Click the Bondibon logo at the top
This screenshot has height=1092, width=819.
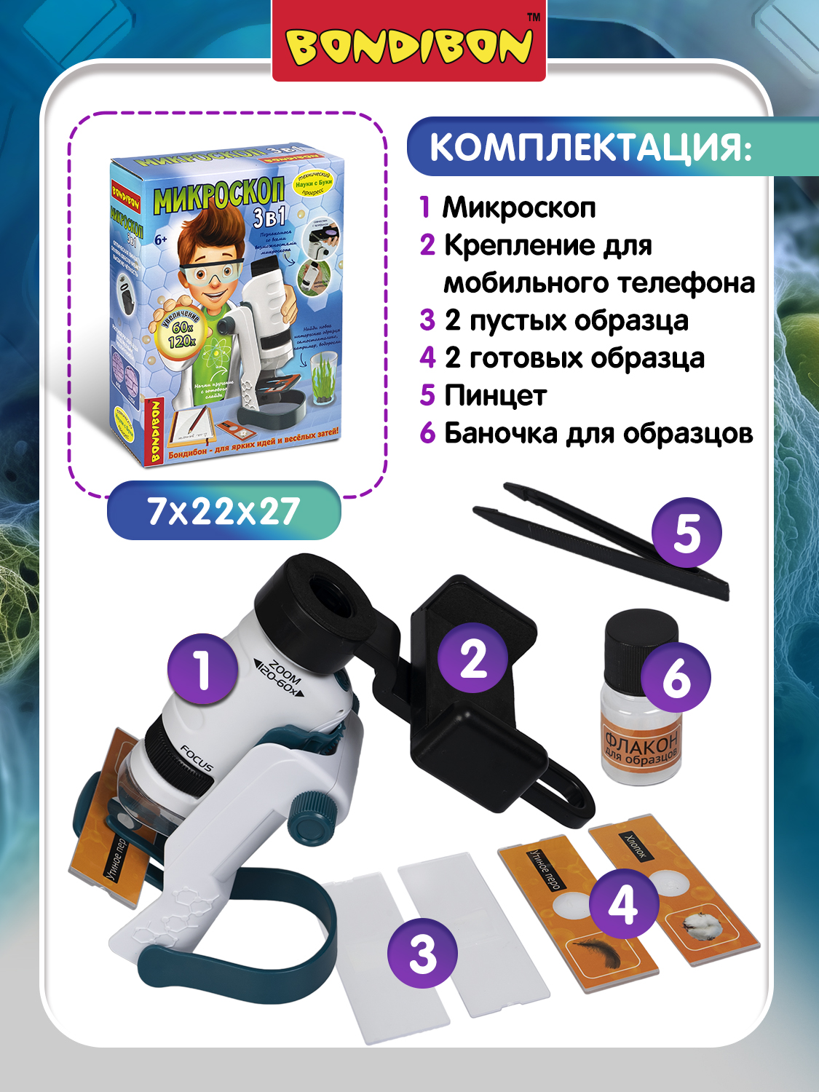(409, 45)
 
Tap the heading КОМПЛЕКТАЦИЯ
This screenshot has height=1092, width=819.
(590, 147)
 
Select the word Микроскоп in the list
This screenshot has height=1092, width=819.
(519, 207)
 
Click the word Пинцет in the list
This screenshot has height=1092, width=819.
(495, 395)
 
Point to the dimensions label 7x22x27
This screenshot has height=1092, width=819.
(223, 511)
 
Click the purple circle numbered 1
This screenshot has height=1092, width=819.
(202, 669)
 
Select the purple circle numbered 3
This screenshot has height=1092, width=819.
(422, 953)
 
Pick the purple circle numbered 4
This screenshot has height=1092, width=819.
(623, 905)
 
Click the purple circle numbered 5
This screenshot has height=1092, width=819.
(687, 533)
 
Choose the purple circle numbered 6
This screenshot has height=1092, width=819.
(676, 677)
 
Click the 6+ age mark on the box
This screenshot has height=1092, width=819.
(161, 239)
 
